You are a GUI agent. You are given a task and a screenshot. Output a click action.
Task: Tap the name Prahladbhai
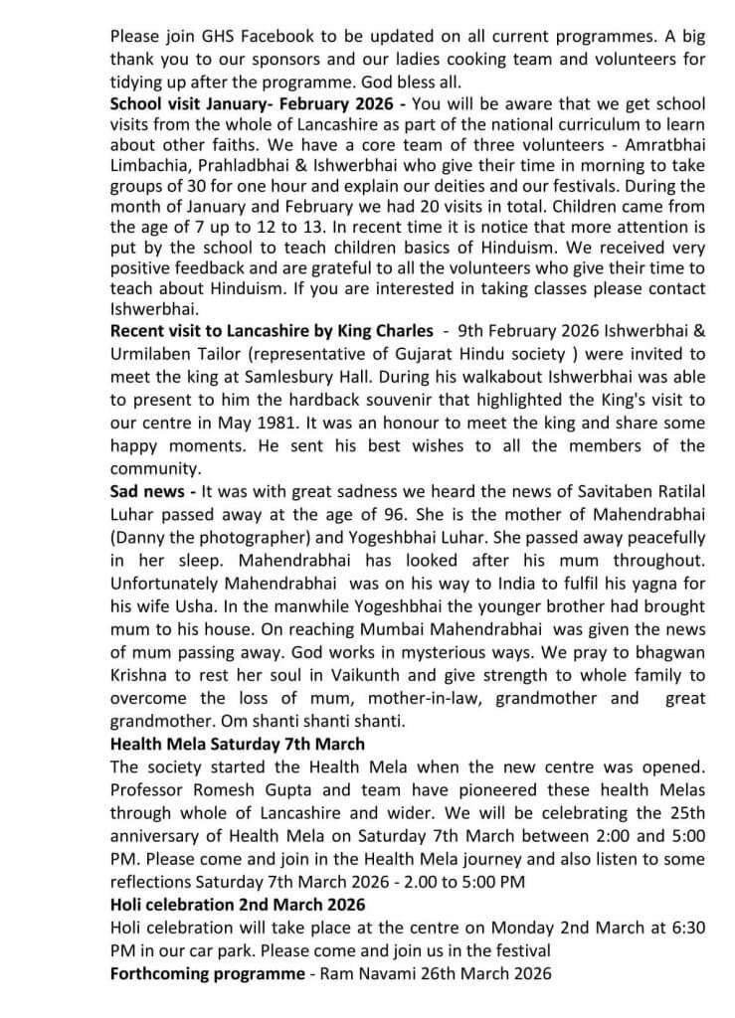[240, 165]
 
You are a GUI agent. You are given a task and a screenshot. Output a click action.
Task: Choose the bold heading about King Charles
[272, 330]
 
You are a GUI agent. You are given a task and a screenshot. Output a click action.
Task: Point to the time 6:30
[686, 926]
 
